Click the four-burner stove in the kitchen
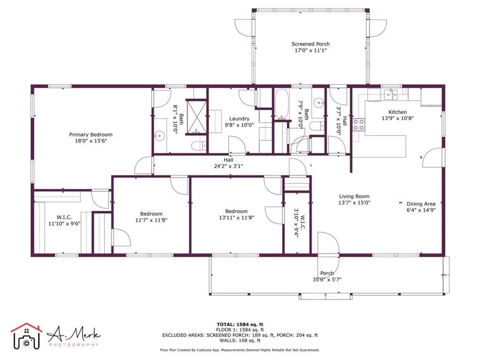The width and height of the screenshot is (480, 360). pyautogui.click(x=359, y=124)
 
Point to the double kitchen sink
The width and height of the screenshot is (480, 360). pyautogui.click(x=390, y=94)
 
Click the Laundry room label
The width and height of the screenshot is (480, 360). pyautogui.click(x=239, y=122)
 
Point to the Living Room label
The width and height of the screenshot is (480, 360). pyautogui.click(x=354, y=199)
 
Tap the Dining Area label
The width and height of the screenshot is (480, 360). pyautogui.click(x=420, y=207)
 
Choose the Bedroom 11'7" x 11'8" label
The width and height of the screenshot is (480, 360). pyautogui.click(x=151, y=217)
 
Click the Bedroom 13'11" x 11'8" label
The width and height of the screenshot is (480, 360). pyautogui.click(x=236, y=214)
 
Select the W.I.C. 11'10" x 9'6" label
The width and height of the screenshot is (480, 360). pyautogui.click(x=64, y=220)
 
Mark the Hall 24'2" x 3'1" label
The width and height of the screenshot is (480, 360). pyautogui.click(x=228, y=163)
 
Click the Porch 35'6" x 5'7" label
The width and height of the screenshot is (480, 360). pyautogui.click(x=327, y=276)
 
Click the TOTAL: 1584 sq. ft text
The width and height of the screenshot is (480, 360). pyautogui.click(x=240, y=324)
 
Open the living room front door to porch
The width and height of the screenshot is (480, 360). pyautogui.click(x=328, y=244)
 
